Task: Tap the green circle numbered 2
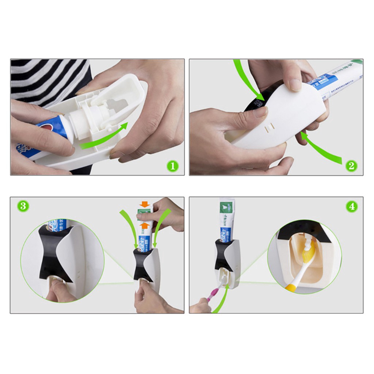351,166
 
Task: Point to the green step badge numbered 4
351,206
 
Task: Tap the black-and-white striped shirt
47,80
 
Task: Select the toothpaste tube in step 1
44,135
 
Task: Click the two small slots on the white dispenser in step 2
269,126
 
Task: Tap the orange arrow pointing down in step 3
145,204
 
